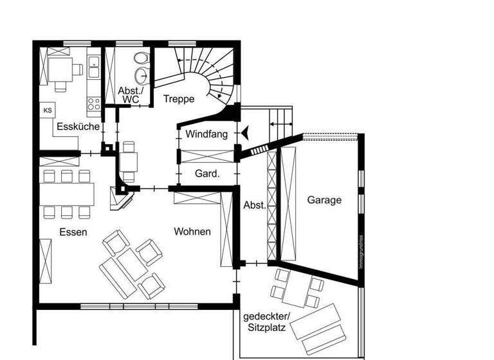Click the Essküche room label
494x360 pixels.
point(78,127)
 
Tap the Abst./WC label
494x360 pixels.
point(131,95)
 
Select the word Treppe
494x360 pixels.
point(178,99)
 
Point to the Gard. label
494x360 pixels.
point(207,174)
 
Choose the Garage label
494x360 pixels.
point(324,200)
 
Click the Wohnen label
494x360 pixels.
point(192,231)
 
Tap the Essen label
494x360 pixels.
point(73,232)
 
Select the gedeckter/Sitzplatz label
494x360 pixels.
point(267,322)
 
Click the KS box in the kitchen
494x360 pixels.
point(48,111)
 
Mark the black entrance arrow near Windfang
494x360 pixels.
point(246,132)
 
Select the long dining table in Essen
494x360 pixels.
point(67,194)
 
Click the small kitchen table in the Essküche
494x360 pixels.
point(62,68)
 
